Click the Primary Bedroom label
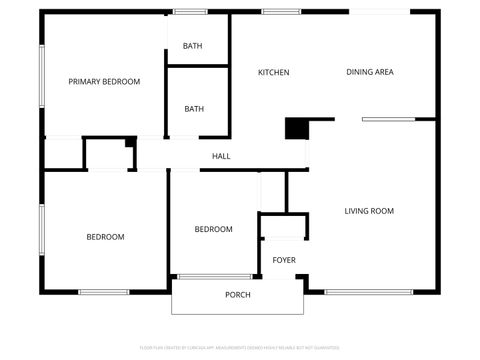tap(104, 81)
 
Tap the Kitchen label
tap(274, 72)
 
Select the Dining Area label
tap(370, 72)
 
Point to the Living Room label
tap(369, 211)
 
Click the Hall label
tap(221, 156)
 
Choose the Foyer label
tap(284, 260)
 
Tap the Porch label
tap(237, 295)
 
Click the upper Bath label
tap(193, 46)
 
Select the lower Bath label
tap(194, 109)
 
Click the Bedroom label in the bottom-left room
tap(105, 237)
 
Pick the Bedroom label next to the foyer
tap(213, 229)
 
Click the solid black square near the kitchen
tap(297, 128)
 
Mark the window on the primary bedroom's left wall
tap(41, 74)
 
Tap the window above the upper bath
tap(191, 11)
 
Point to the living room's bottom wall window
tap(355, 291)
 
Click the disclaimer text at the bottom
tap(240, 347)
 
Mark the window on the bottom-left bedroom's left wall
tap(41, 230)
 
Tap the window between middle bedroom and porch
tap(214, 276)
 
